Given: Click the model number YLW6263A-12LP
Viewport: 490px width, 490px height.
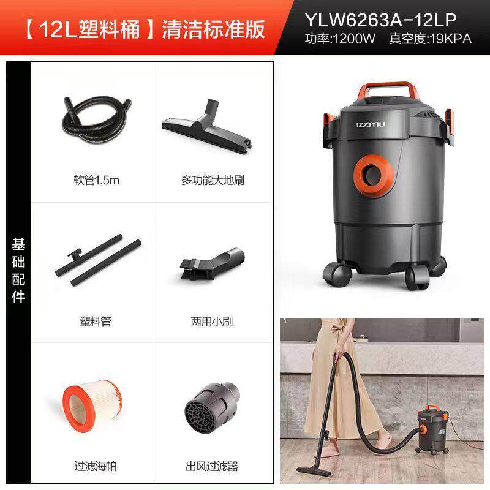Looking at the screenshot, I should coord(380,21).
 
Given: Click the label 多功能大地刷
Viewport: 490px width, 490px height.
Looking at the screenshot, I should coord(209,181).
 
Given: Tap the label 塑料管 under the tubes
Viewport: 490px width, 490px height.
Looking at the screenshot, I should coord(96,321).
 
